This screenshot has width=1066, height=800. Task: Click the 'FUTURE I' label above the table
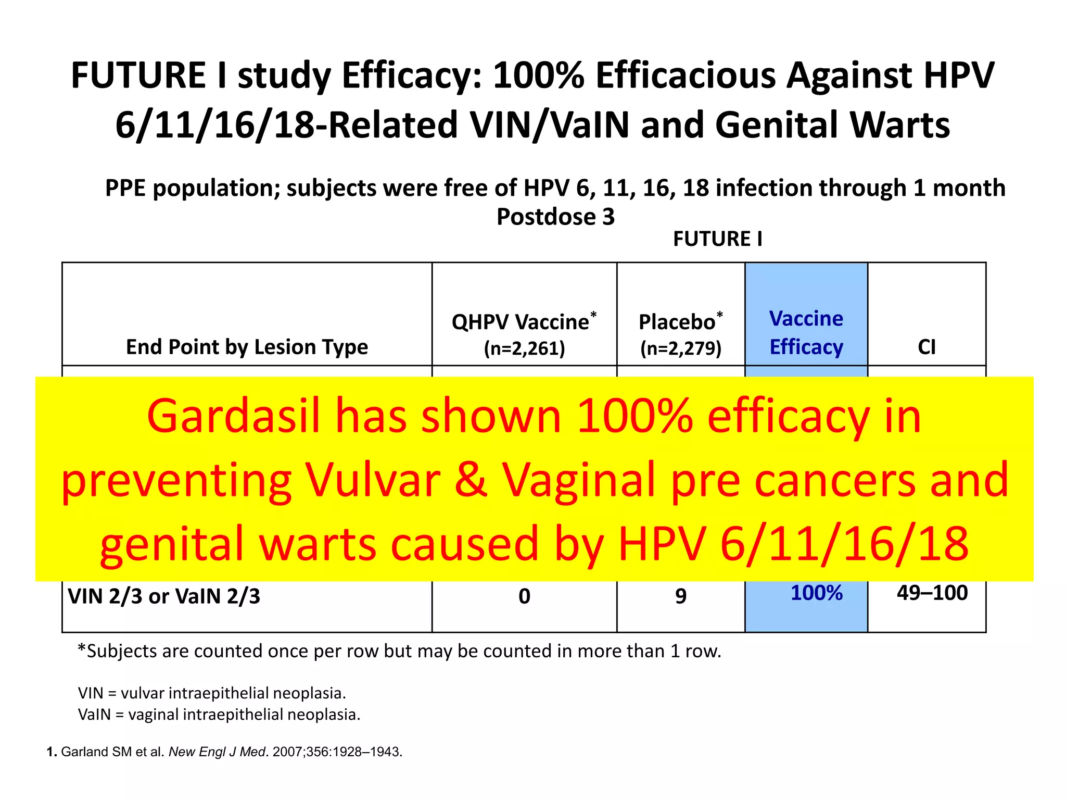coord(717,239)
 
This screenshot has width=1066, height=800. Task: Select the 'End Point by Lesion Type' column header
coord(247,347)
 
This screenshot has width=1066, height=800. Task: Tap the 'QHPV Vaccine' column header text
coord(521,322)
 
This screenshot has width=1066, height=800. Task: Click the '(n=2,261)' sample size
coord(524,348)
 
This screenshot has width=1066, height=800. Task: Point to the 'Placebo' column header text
coord(677,322)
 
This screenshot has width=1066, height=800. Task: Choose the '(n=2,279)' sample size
coord(681,348)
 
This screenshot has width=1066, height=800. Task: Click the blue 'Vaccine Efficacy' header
coord(806,332)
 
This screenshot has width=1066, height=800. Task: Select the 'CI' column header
coord(927,347)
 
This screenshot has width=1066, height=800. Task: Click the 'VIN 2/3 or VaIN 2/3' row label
coord(164,596)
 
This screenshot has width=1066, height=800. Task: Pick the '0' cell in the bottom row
coord(524,596)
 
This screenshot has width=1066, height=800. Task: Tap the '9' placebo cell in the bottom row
coord(681,596)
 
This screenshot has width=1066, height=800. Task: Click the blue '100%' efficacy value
coord(816,593)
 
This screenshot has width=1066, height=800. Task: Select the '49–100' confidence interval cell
coord(932,593)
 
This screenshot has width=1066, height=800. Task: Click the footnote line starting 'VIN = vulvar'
coord(212,693)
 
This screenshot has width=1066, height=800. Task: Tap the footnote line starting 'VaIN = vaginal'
coord(219,714)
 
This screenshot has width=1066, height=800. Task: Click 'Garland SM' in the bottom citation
coord(96,752)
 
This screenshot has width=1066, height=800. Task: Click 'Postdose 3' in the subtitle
coord(555,217)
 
